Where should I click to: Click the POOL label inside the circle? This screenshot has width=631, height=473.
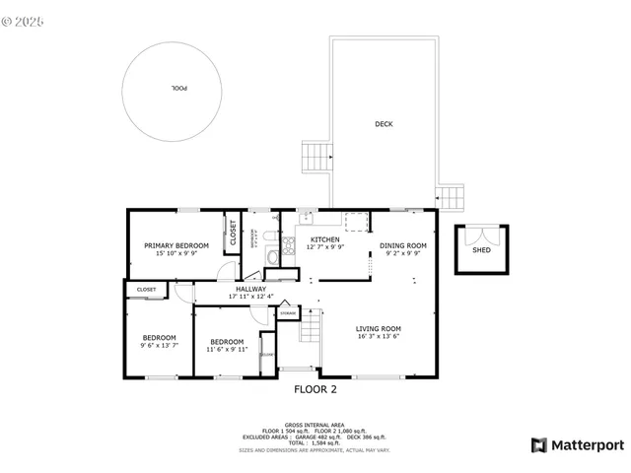point(178,89)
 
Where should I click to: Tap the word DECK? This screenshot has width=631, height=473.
point(384,124)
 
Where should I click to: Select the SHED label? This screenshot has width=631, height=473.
point(481,250)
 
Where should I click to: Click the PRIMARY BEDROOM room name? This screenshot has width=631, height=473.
point(176,245)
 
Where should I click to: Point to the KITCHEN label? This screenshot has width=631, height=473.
point(325,239)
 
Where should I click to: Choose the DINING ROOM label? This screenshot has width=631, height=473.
point(403,245)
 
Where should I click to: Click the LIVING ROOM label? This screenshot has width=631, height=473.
point(378,329)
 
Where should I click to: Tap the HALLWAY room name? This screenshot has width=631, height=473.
point(250,289)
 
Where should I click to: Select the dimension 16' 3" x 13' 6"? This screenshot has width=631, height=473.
point(378,337)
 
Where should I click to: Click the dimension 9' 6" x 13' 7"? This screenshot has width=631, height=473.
point(159,346)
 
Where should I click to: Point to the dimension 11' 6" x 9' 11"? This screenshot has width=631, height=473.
point(229,350)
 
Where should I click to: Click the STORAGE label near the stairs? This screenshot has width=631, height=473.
point(287,312)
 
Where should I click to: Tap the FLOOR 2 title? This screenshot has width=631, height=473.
point(315,389)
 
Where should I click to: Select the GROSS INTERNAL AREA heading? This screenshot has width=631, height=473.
point(315,425)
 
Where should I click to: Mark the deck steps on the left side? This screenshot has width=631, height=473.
point(316,157)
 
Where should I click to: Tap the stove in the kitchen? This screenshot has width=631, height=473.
point(289,246)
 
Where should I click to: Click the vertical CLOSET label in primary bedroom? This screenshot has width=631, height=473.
point(234,232)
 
